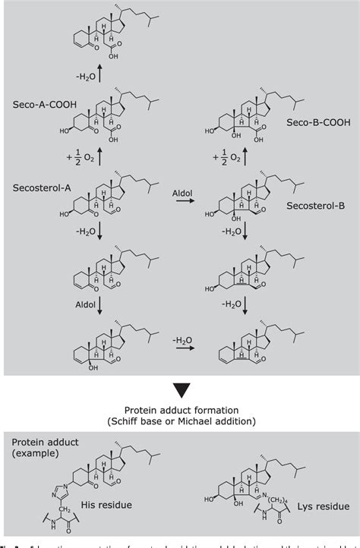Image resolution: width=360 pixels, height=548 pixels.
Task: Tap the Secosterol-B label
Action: pyautogui.click(x=309, y=205)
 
